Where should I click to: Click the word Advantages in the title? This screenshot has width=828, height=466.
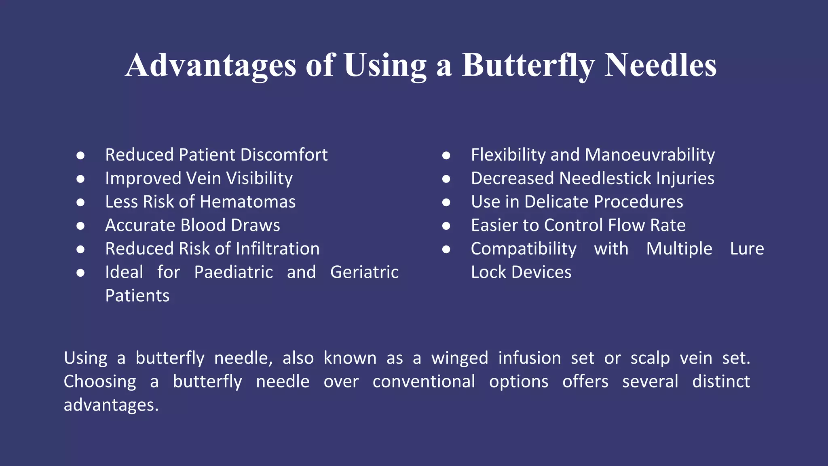211,66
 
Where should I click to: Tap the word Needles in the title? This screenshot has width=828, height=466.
660,66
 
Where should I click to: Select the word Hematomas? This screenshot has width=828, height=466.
248,202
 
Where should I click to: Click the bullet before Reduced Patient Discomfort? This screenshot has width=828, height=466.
80,155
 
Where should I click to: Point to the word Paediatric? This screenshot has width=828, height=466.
234,272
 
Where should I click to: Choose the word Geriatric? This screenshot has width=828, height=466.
364,272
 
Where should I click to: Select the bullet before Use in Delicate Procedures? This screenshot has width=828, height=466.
446,202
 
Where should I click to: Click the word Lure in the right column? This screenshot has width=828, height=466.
747,249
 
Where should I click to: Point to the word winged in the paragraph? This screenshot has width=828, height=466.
460,358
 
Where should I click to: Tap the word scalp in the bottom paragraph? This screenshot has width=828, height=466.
650,358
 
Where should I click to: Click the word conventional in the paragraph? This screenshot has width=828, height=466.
424,381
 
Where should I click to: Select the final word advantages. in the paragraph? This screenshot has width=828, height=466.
111,405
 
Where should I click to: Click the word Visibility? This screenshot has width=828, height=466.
259,178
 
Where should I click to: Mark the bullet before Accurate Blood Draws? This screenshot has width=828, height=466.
80,226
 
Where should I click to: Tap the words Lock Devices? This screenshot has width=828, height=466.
521,272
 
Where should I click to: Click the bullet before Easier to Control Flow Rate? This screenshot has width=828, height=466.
446,226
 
